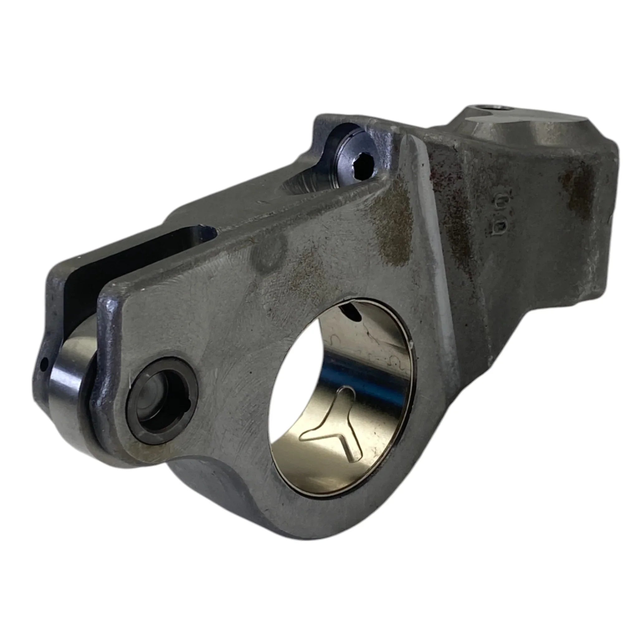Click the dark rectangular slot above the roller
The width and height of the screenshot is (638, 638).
pos(139,251)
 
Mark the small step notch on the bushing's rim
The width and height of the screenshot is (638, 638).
pos(411,345)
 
